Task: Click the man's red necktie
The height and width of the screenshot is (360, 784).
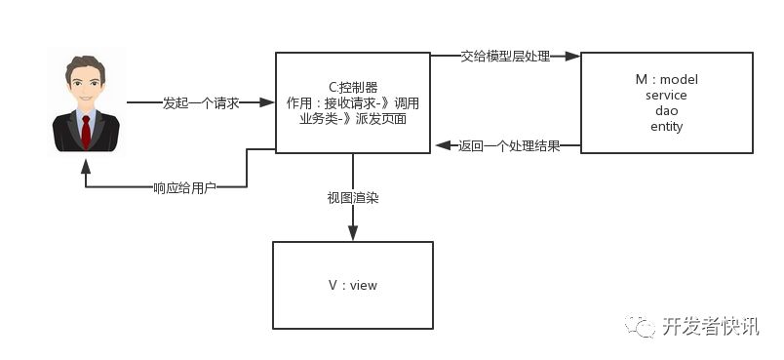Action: [x=86, y=128]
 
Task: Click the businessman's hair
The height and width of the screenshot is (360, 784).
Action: [x=86, y=68]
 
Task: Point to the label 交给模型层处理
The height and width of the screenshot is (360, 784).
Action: [x=505, y=57]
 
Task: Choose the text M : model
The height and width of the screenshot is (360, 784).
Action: [x=666, y=79]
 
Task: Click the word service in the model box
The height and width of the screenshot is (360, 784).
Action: [x=666, y=95]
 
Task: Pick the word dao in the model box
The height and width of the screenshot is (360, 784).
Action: [x=666, y=110]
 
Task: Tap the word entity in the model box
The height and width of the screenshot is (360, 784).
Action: [x=666, y=126]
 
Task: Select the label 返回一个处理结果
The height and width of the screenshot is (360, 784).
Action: [x=508, y=146]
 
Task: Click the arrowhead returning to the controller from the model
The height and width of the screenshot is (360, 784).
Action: [x=440, y=146]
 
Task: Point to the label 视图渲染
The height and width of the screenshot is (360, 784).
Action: [x=352, y=197]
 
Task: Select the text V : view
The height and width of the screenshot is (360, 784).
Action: [x=352, y=285]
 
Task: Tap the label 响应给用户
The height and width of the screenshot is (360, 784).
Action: [x=184, y=187]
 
